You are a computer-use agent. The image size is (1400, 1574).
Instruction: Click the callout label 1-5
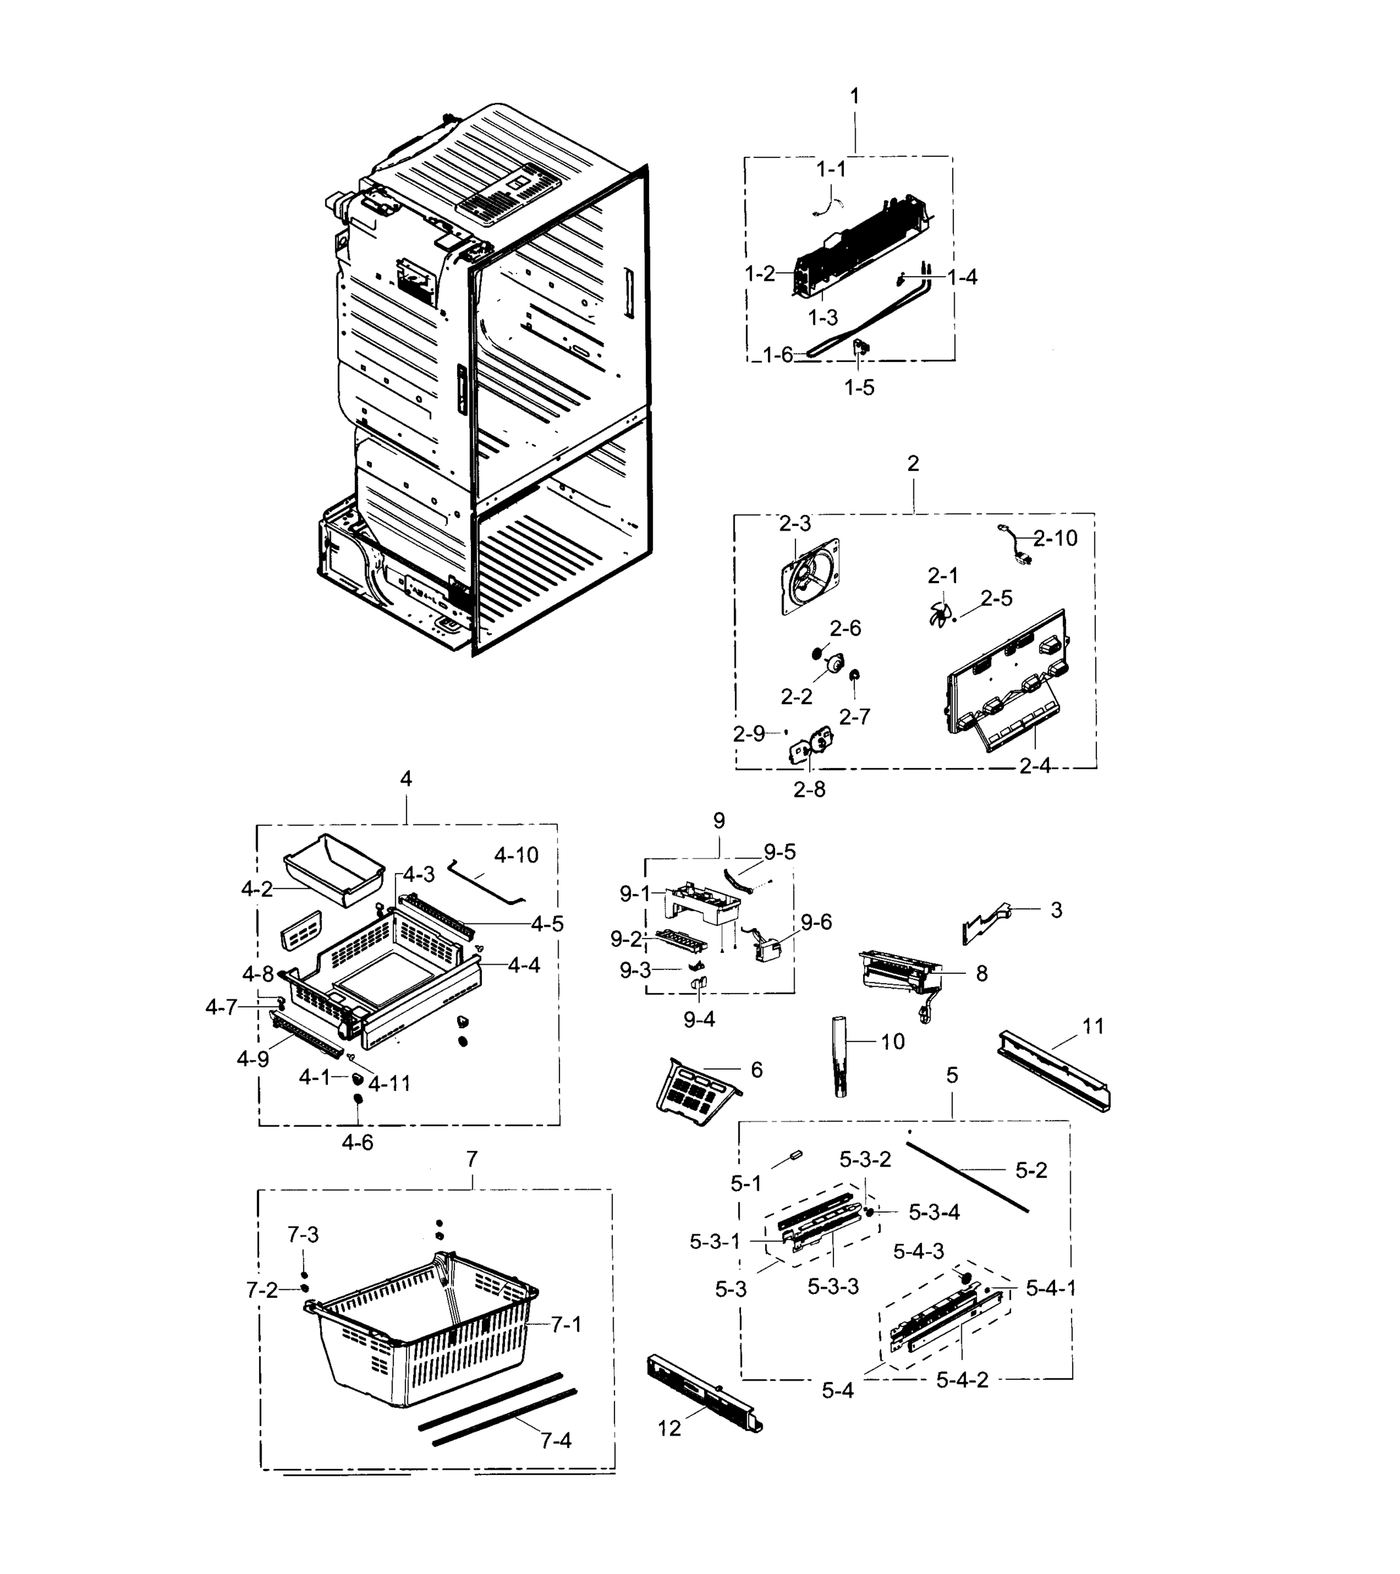tap(860, 388)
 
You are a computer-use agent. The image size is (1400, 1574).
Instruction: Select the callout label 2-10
tap(1055, 538)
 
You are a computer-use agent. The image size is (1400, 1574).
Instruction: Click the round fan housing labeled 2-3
tap(809, 575)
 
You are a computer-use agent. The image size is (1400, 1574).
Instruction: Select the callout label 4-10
tap(516, 855)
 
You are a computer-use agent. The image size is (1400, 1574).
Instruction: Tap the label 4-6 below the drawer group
tap(357, 1142)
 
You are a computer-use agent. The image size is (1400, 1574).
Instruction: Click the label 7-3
tap(303, 1234)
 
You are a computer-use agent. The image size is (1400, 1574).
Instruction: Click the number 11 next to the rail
tap(1092, 1026)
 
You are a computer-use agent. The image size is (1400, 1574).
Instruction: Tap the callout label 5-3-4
tap(934, 1212)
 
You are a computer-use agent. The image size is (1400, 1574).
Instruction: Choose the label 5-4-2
tap(962, 1380)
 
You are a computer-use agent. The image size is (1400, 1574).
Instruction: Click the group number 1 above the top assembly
tap(854, 96)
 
